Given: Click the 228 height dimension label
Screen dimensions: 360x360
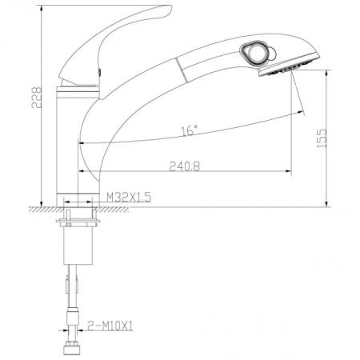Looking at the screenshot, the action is tap(37, 97).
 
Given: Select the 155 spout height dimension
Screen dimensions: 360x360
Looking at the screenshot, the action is tap(322, 138).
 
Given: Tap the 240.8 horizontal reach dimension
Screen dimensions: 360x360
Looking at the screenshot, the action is tap(185, 166).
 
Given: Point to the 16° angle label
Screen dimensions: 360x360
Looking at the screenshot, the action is tap(190, 130).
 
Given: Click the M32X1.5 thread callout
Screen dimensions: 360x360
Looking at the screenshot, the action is tap(129, 198).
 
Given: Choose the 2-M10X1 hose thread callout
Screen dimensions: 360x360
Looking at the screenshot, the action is tap(110, 326).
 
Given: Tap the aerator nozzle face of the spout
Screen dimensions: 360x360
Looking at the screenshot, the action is tap(290, 66).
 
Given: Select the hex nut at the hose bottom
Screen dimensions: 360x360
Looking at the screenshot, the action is tap(71, 348).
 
